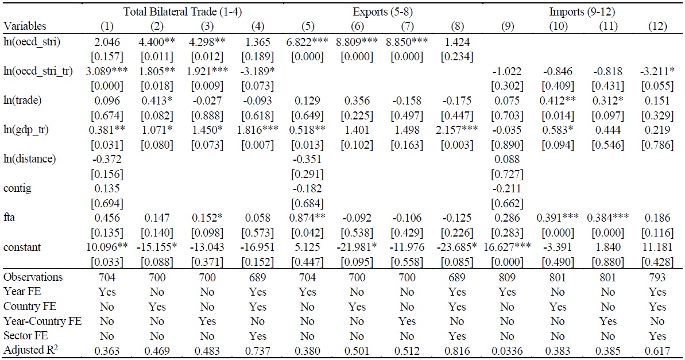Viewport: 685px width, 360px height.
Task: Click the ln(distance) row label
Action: tap(29, 158)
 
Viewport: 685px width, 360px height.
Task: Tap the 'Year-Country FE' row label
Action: tap(36, 322)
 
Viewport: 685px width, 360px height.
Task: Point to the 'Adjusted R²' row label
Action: tap(29, 351)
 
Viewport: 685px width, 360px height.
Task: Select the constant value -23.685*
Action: tap(463, 248)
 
